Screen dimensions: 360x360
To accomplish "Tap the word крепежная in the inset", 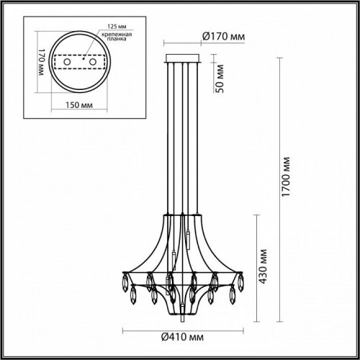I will coord(106,37).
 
